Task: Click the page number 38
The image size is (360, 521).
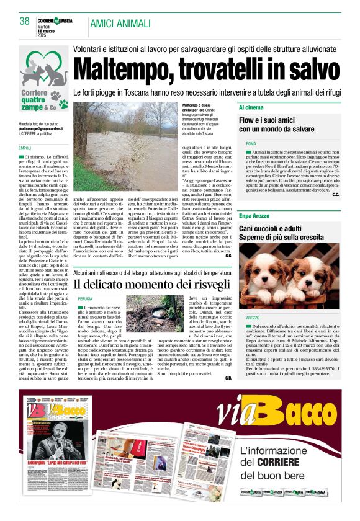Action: pyautogui.click(x=25, y=21)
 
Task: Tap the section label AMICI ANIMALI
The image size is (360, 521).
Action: pyautogui.click(x=120, y=24)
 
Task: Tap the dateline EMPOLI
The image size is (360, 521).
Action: pyautogui.click(x=25, y=148)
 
